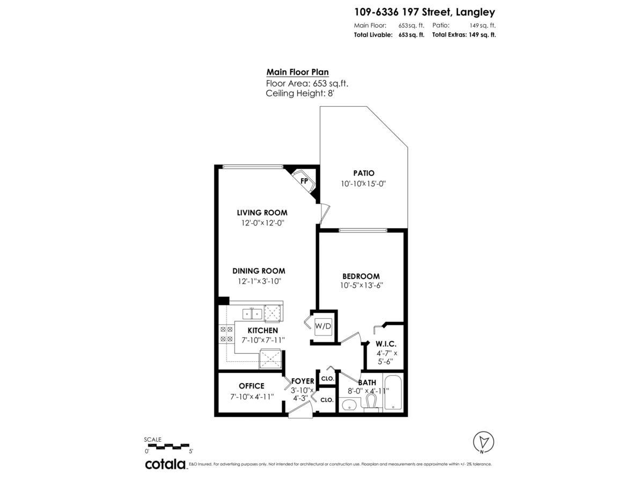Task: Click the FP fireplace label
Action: click(x=304, y=181)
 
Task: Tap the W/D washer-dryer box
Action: click(x=323, y=326)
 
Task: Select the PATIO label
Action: click(x=363, y=173)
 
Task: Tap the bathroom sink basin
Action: click(x=349, y=404)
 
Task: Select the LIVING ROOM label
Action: click(x=262, y=213)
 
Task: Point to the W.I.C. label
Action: click(x=386, y=343)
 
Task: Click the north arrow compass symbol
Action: click(x=484, y=442)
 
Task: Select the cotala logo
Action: click(x=165, y=464)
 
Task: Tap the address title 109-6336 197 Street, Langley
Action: click(x=425, y=11)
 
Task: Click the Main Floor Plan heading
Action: click(x=297, y=72)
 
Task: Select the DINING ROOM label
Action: click(x=259, y=271)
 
